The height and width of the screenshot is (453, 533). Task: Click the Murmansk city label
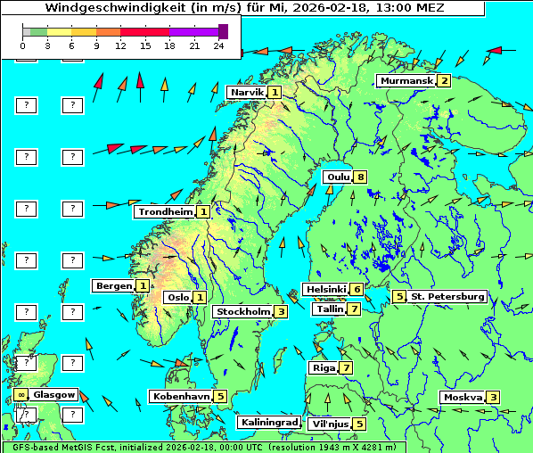406,81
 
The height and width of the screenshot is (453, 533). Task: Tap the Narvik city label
247,93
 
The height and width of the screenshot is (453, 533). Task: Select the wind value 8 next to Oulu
360,177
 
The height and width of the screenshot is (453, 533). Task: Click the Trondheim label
165,212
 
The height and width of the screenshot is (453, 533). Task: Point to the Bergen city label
113,286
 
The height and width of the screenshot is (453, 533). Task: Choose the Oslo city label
177,298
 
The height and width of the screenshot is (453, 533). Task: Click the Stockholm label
242,312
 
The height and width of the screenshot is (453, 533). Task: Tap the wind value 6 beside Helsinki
357,289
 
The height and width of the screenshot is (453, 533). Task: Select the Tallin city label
329,309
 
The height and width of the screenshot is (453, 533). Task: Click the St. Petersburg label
447,297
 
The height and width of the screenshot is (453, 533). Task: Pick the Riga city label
322,368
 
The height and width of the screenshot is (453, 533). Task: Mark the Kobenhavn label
181,396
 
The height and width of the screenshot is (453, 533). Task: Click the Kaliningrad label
268,423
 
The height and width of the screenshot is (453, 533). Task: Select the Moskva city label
463,398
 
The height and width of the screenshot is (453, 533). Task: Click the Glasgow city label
54,394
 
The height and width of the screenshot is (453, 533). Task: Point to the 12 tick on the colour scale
119,45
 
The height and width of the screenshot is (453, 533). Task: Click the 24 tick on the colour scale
219,45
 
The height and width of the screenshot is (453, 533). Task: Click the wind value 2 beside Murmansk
443,81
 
